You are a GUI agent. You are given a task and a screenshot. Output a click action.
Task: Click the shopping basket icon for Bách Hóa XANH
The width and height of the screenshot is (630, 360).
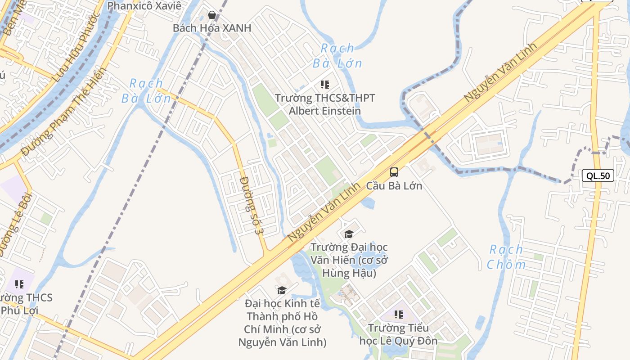pos(212,15)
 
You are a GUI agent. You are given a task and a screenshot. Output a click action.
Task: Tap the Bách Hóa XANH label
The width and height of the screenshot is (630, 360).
pos(212,28)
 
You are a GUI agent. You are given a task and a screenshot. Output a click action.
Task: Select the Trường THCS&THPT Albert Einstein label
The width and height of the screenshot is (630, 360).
pos(325,104)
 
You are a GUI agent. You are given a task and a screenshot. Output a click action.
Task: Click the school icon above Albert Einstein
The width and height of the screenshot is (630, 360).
pos(325,85)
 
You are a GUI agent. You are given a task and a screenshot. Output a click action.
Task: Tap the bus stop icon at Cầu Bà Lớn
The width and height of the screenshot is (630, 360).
pos(394,172)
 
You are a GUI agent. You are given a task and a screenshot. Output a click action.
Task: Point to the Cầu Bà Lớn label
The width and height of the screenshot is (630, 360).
pos(394,185)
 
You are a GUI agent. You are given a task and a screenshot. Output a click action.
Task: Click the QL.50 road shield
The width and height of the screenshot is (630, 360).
pos(598,175)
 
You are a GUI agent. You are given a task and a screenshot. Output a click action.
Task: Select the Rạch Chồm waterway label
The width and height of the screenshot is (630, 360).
pos(506,257)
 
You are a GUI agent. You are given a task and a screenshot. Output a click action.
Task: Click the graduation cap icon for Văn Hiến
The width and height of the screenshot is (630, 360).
pos(349,234)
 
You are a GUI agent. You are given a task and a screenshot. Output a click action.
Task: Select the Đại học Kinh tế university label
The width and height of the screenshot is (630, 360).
pos(282,323)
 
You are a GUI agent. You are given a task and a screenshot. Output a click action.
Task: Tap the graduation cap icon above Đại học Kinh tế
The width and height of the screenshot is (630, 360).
pos(282,290)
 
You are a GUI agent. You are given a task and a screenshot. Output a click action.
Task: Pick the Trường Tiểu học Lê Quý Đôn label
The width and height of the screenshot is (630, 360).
pos(398,334)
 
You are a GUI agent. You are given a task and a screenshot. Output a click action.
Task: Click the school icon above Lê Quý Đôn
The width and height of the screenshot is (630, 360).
pos(398,314)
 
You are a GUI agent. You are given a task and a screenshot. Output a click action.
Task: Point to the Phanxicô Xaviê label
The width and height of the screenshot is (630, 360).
pos(144,6)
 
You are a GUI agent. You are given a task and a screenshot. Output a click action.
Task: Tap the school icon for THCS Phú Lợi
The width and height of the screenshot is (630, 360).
pos(19,284)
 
